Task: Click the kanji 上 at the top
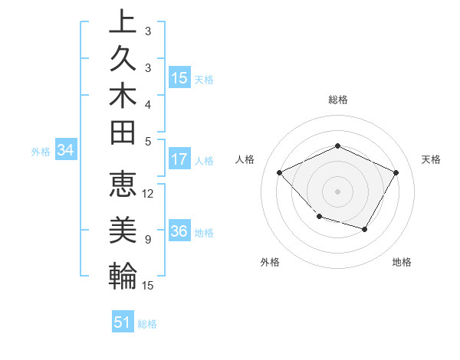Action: [123, 22]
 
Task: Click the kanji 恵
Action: [123, 187]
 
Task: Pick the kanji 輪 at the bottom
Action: [123, 274]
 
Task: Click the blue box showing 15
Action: [179, 77]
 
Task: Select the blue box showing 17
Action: [179, 159]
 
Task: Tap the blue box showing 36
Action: [179, 232]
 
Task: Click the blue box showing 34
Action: [66, 151]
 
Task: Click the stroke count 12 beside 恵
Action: [149, 194]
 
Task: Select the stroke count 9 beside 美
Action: [148, 240]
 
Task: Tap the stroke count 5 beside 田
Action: [148, 141]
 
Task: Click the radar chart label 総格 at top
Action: [337, 100]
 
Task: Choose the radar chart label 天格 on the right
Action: [432, 159]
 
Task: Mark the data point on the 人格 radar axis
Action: [280, 173]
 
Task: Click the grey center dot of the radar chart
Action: [337, 191]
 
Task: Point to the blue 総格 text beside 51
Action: [147, 324]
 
